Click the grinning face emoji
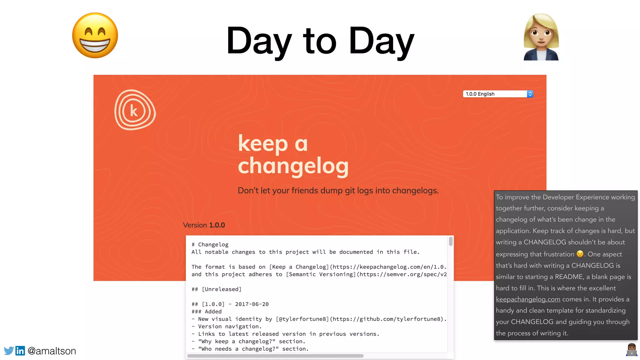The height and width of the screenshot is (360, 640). [x=95, y=35]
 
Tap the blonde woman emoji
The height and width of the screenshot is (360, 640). [x=541, y=37]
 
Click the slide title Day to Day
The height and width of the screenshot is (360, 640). [x=320, y=41]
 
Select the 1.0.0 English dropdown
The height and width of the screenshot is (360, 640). [x=498, y=94]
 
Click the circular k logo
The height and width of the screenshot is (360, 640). [x=135, y=110]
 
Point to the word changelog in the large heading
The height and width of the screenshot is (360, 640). [x=293, y=166]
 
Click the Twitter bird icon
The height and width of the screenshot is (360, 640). [x=9, y=351]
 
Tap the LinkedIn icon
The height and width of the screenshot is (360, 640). [x=20, y=351]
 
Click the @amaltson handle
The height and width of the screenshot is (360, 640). [x=52, y=351]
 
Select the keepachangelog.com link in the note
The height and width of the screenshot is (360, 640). [x=528, y=299]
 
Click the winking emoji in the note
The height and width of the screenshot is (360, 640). [x=580, y=254]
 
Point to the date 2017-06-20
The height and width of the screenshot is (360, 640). [x=252, y=304]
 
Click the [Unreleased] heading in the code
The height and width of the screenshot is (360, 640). [x=222, y=289]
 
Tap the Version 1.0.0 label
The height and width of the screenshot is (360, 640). [x=204, y=225]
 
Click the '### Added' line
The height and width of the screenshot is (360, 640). [x=207, y=312]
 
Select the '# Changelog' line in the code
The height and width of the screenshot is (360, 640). [x=210, y=245]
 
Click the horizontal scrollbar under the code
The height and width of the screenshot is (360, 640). [x=275, y=356]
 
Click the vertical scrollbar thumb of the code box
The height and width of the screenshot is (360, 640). [x=451, y=241]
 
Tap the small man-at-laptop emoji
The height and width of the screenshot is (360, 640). [x=632, y=350]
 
